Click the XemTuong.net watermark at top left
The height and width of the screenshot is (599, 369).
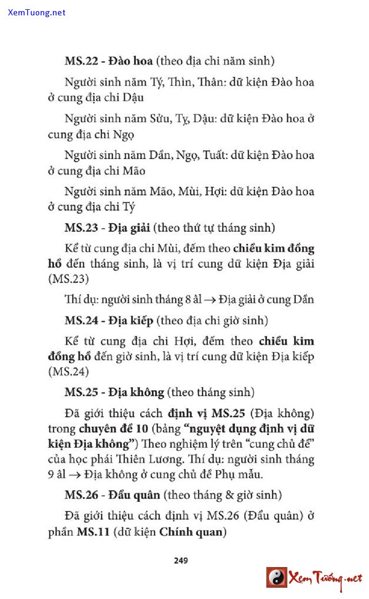click(37, 12)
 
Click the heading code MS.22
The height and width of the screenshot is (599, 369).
click(82, 61)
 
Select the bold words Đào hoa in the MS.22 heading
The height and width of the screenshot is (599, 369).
click(131, 61)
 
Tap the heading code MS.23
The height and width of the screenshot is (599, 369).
click(82, 228)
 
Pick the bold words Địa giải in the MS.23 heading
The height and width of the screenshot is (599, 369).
click(131, 228)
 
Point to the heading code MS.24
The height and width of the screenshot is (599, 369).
click(82, 320)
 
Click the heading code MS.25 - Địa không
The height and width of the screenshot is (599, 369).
click(82, 392)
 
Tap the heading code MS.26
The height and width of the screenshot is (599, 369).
click(82, 495)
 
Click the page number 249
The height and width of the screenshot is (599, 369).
click(181, 560)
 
